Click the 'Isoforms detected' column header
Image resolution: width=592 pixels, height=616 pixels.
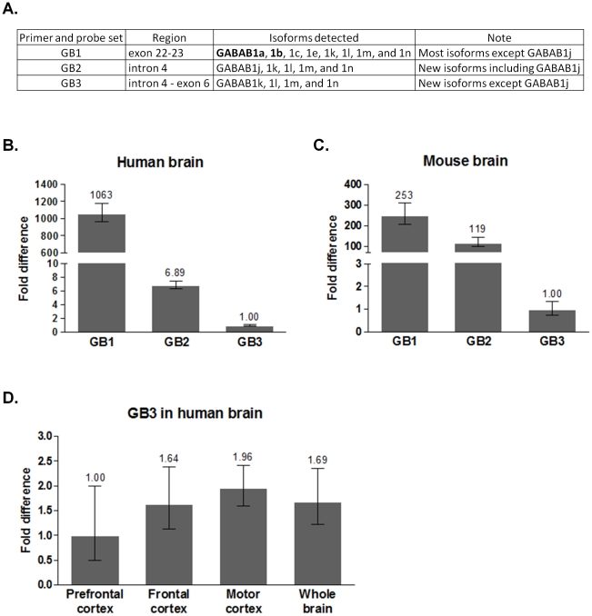313,37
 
